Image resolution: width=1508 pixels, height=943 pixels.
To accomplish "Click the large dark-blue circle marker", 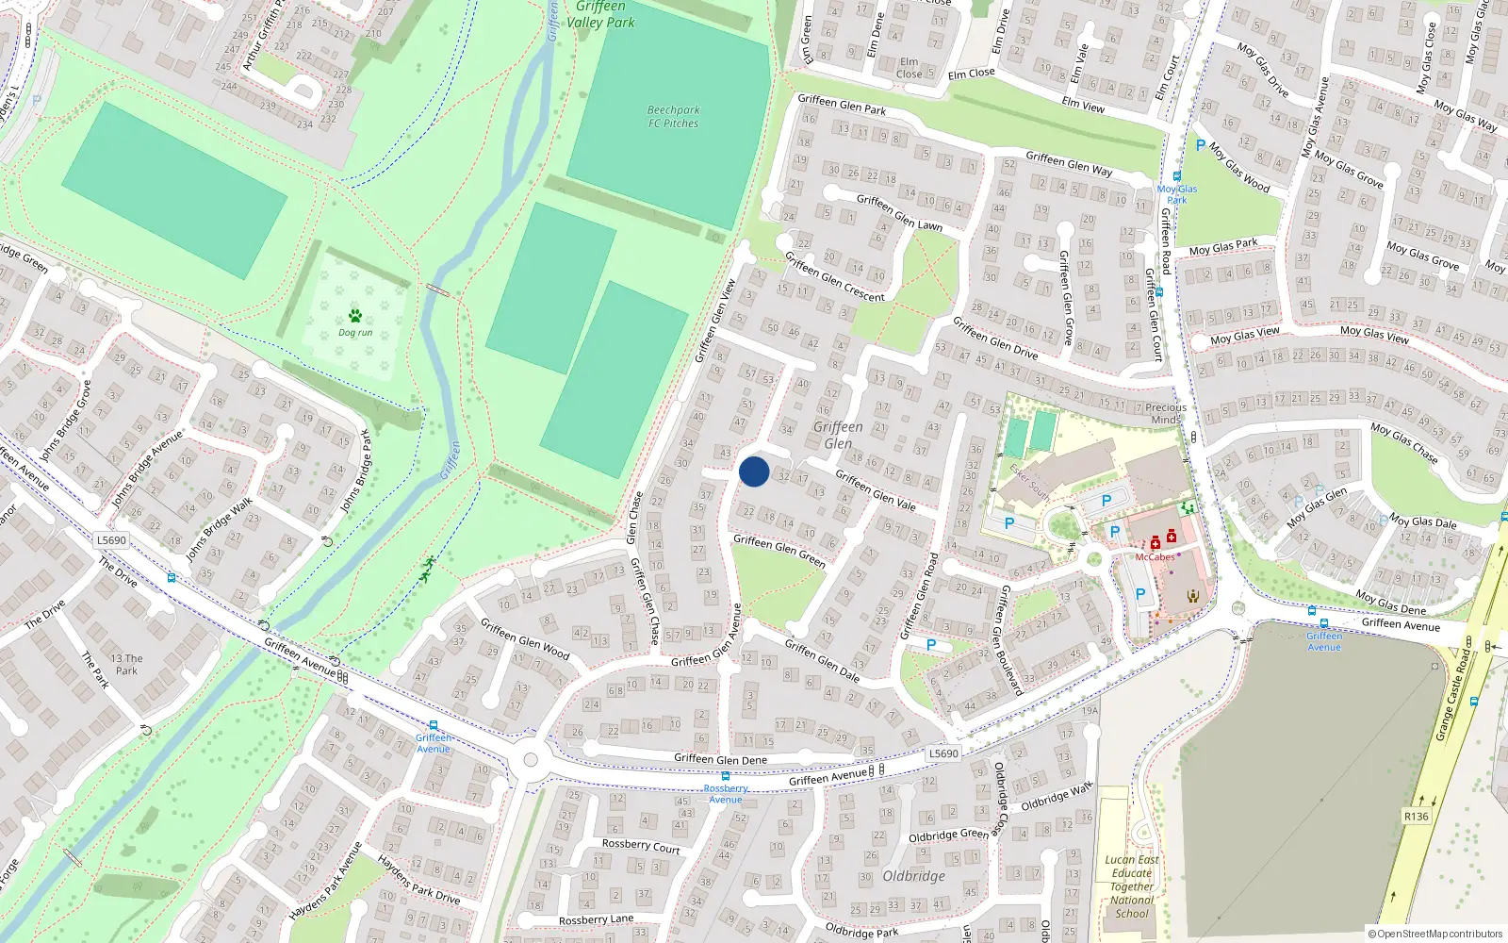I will pos(754,471).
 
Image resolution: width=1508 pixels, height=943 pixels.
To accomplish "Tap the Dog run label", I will pos(355,333).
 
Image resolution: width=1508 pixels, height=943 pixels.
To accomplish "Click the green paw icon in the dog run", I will pos(355,316).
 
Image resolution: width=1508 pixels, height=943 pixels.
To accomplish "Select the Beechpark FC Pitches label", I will pos(673,117).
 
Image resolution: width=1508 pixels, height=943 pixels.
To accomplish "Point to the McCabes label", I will pos(1155,557).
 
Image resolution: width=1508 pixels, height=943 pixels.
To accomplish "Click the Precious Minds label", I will pos(1166,414).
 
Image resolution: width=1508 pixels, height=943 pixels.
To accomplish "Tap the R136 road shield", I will pos(1416,817).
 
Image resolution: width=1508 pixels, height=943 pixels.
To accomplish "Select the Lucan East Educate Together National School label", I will pos(1132,886).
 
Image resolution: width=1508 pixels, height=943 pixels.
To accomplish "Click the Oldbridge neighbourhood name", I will pos(913,876).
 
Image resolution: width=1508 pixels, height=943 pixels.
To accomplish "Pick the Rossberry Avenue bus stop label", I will pos(726,794).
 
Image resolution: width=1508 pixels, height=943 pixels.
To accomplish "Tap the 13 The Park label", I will pos(126,665).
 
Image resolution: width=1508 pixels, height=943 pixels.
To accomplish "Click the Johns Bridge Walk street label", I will pos(219,530).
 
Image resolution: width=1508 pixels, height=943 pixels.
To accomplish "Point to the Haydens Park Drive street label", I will pos(419,880).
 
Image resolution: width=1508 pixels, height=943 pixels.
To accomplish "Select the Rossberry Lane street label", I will pos(596,919).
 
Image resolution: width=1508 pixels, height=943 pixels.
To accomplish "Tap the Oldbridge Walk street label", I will pos(1057,797).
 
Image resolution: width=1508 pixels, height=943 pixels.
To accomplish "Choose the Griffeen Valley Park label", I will pos(600,15).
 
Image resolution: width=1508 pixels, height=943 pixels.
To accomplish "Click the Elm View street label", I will pos(1083,105).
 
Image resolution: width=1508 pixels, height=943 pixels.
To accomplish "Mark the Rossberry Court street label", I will pos(641,846).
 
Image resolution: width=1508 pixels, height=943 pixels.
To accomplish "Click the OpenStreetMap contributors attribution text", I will pos(1439,935).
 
